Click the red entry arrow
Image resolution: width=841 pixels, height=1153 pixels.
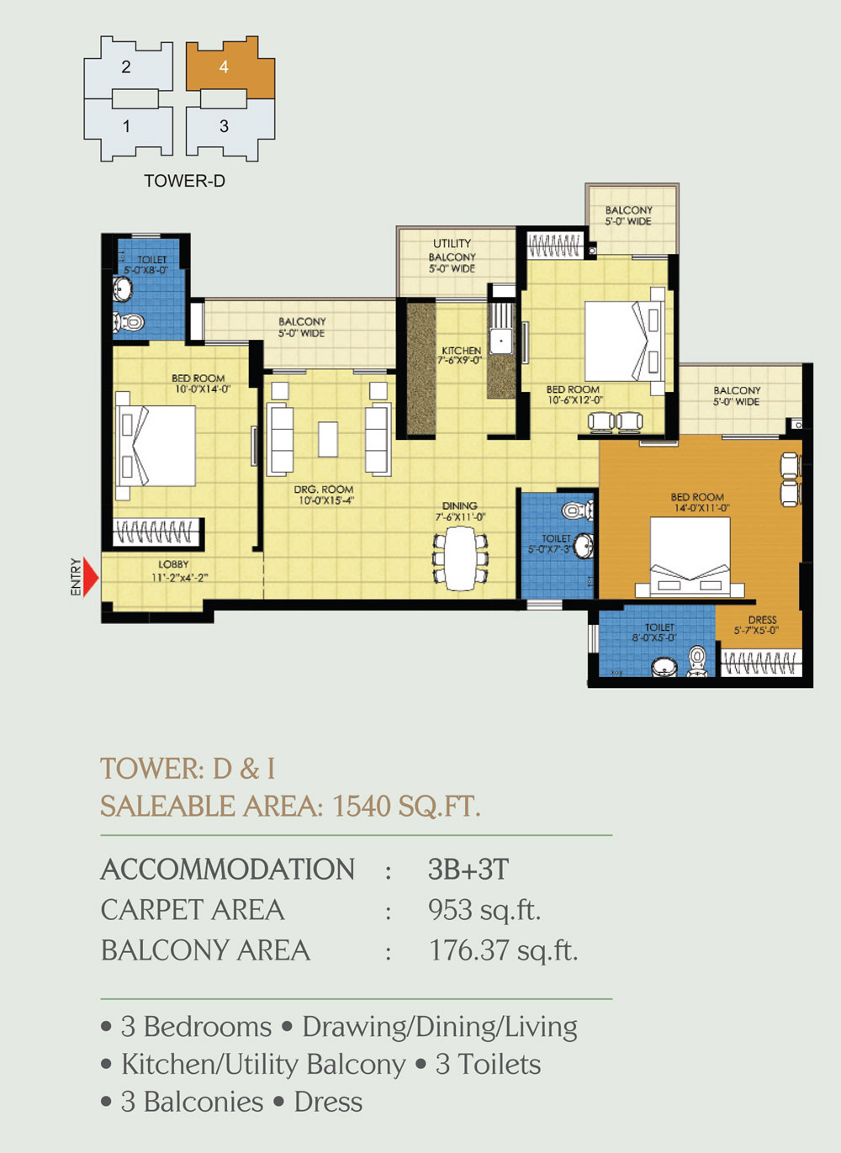[90, 578]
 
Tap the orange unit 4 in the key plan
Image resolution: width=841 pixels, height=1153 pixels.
[230, 68]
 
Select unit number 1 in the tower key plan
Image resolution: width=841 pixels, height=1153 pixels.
[127, 126]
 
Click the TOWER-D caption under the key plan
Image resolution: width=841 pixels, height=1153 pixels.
[184, 181]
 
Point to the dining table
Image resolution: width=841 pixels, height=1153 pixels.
[460, 558]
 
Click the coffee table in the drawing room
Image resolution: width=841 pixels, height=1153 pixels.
[328, 439]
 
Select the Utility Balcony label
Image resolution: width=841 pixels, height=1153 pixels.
[452, 256]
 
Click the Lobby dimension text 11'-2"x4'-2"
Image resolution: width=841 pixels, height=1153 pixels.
[179, 578]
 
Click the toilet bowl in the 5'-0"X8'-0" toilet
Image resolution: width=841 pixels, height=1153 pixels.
[130, 323]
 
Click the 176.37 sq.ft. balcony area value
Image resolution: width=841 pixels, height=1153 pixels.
[504, 950]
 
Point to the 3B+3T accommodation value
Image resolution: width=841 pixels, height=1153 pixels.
[468, 869]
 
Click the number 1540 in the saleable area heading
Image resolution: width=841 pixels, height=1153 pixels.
[362, 806]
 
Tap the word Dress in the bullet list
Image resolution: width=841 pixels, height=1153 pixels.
[328, 1102]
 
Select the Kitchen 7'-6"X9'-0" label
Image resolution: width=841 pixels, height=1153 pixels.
[460, 355]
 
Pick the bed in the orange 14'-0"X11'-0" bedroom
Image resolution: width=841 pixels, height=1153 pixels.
[690, 557]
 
